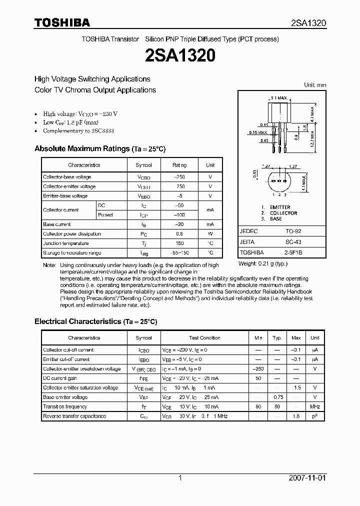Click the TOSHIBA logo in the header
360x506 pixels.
(62, 22)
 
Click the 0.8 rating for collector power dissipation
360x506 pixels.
(179, 234)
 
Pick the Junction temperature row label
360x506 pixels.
(66, 243)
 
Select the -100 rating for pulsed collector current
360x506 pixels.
(179, 215)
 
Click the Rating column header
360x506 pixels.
(179, 165)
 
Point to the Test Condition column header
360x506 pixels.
(204, 338)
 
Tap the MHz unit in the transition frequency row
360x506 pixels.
(315, 407)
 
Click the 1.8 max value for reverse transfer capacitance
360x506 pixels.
(296, 416)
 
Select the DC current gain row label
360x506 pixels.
(60, 378)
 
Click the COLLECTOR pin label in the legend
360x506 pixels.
(283, 213)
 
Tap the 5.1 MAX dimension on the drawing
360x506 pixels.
(278, 98)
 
